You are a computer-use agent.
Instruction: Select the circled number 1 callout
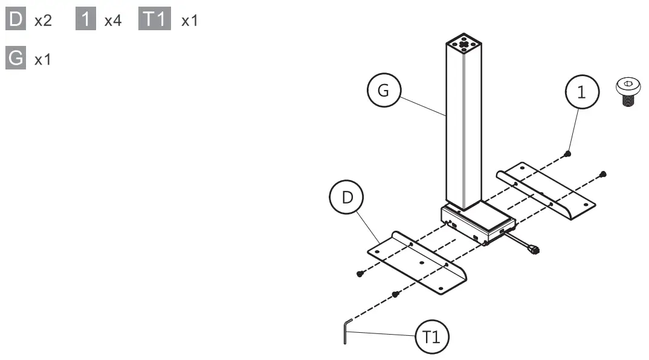pos(581,92)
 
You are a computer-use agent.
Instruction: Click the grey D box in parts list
pos(16,21)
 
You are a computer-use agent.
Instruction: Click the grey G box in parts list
pos(16,60)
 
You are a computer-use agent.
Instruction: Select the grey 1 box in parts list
pos(86,21)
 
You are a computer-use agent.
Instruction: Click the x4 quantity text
pos(112,21)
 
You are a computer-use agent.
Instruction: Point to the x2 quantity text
pos(43,21)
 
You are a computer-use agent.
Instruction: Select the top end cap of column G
pos(463,45)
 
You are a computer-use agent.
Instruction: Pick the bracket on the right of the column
pos(547,190)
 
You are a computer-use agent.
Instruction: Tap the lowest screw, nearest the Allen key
pos(395,294)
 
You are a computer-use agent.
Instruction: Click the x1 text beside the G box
pos(43,60)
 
